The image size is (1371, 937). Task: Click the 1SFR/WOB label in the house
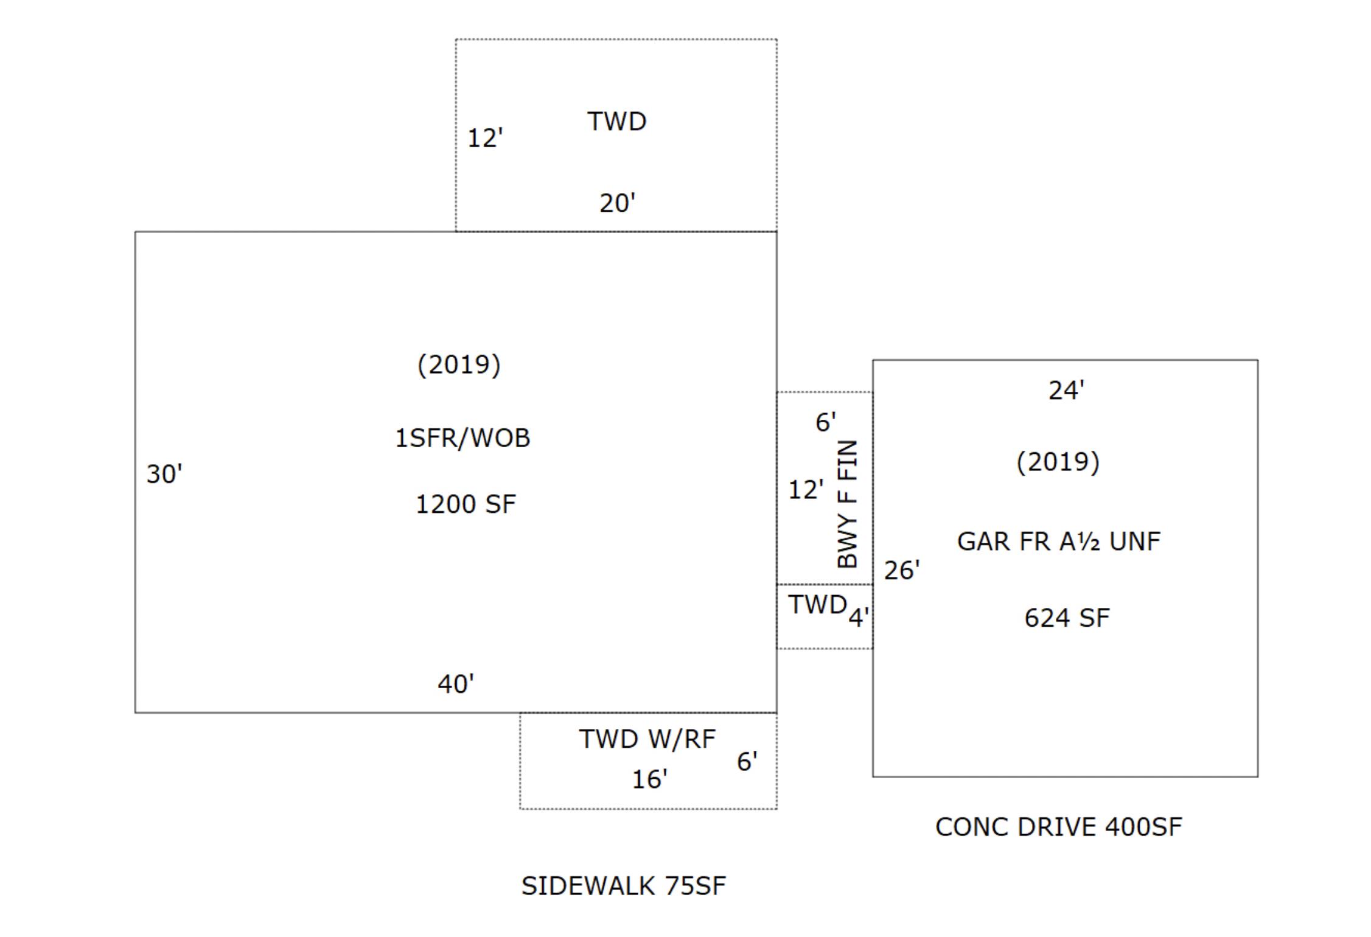tap(462, 438)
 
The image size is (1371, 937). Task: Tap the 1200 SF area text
tap(466, 504)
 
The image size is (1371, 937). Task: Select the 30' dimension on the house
tap(164, 474)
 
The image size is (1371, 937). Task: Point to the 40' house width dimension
tap(456, 684)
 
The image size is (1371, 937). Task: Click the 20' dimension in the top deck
tap(617, 203)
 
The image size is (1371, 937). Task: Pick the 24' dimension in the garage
tap(1066, 390)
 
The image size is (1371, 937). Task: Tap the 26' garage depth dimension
tap(902, 570)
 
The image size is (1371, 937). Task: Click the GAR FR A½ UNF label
tap(1059, 542)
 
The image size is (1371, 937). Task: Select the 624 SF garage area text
tap(1067, 618)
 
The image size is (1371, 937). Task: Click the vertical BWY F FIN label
tap(847, 504)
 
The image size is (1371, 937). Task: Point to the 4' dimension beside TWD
tap(858, 618)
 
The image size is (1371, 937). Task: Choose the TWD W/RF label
tap(647, 739)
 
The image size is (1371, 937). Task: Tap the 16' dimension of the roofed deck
tap(649, 779)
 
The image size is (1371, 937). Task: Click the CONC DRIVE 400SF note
tap(1058, 827)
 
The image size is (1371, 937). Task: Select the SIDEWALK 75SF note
tap(623, 886)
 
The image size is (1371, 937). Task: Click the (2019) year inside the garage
tap(1058, 462)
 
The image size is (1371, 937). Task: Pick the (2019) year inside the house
tap(459, 365)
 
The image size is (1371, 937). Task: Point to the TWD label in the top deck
tap(616, 121)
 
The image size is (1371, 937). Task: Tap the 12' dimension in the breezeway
tap(806, 490)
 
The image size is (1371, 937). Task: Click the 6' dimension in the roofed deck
tap(747, 761)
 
